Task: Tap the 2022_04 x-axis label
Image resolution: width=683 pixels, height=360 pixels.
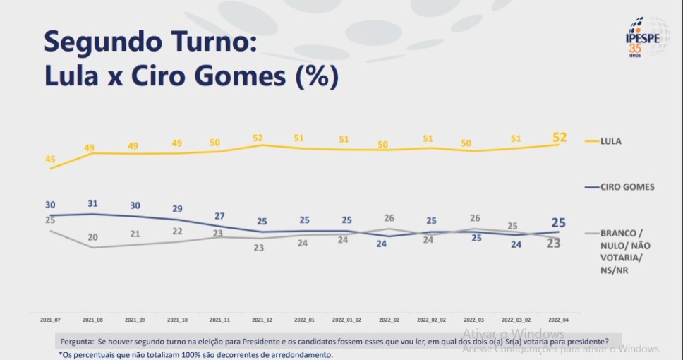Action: click(x=559, y=320)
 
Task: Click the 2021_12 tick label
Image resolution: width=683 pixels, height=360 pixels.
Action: click(x=262, y=320)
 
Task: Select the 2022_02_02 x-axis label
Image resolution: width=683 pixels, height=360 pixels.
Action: click(x=432, y=320)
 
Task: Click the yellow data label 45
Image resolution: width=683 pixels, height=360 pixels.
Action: click(x=50, y=160)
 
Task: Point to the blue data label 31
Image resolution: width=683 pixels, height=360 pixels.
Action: click(x=92, y=204)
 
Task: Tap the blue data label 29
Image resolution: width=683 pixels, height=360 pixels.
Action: click(x=178, y=209)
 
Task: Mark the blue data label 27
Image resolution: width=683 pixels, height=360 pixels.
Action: click(x=219, y=216)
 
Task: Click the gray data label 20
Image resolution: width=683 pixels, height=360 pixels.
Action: click(x=92, y=237)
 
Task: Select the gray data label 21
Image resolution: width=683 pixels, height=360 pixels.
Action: click(x=135, y=234)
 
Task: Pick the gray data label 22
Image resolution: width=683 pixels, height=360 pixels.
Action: click(x=178, y=232)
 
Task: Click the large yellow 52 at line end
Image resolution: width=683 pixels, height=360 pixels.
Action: click(x=558, y=136)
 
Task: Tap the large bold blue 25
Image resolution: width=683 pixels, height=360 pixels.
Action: click(x=558, y=222)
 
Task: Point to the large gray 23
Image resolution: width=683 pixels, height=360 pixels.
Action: click(x=553, y=244)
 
